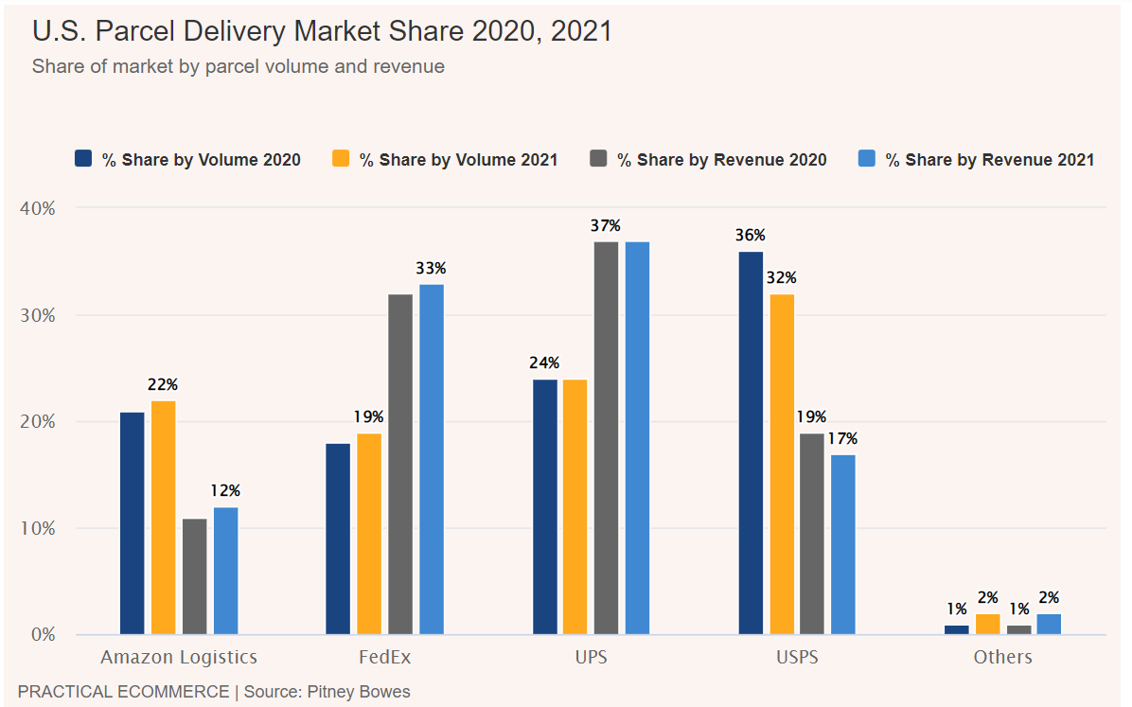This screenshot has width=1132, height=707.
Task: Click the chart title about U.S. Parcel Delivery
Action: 322,31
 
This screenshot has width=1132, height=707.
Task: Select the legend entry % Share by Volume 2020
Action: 201,160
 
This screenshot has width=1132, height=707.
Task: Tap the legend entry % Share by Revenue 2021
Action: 989,160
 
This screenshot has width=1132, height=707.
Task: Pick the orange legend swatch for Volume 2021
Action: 341,159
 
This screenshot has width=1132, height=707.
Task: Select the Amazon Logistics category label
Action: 179,657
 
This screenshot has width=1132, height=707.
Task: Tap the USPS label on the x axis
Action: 796,657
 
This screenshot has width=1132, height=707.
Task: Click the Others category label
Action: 1003,657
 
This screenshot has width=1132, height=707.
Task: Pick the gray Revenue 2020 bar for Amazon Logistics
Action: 194,576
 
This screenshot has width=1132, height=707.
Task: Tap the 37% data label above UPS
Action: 606,226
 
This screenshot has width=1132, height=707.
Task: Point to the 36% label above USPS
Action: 752,236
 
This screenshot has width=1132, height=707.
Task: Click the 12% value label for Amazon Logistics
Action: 225,491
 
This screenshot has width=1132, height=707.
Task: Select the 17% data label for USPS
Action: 842,439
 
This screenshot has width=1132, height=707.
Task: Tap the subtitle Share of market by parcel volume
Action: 238,67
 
